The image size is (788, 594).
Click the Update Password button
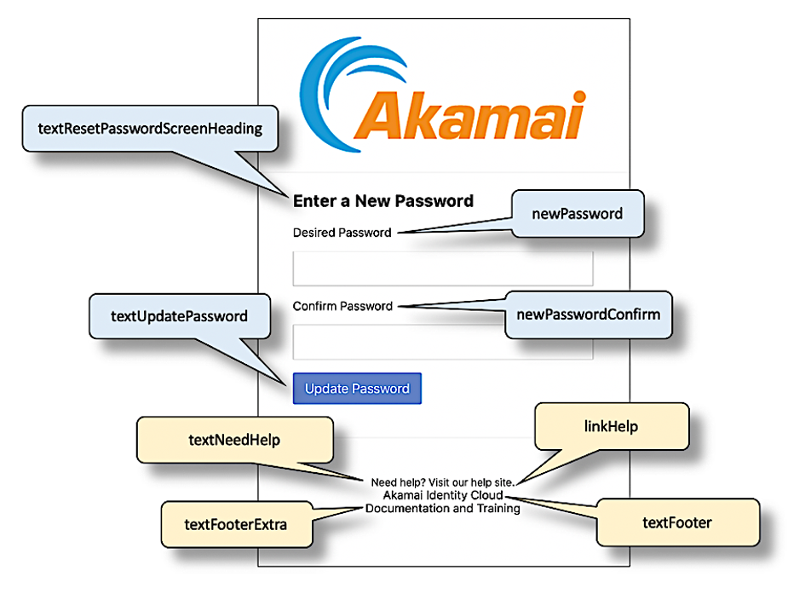coord(357,389)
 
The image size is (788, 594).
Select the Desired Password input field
coord(442,268)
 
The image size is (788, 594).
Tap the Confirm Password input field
coord(442,342)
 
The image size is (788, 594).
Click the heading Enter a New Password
coord(382,201)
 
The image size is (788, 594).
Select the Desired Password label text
coord(342,233)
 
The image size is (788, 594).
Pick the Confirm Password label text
coord(342,306)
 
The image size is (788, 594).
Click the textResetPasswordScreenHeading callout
coord(150,129)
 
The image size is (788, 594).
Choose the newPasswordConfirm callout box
coord(588,314)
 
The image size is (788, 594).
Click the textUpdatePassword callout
coord(179,316)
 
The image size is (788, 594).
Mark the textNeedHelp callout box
coord(234,440)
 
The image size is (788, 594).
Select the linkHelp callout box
coord(610,426)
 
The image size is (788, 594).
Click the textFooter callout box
coord(676,522)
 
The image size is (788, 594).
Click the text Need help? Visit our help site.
coord(442,482)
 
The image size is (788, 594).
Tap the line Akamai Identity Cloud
coord(442,495)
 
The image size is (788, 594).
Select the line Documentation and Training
coord(442,509)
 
